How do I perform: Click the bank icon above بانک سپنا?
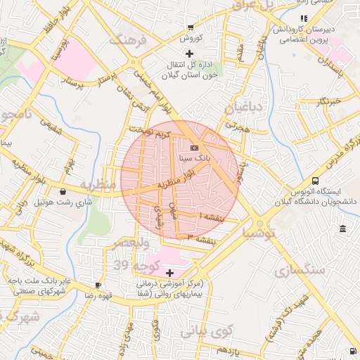(x=194, y=148)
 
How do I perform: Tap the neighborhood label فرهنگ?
(x=127, y=40)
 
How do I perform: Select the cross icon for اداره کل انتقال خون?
(x=188, y=54)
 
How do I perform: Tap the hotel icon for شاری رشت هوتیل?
(x=64, y=191)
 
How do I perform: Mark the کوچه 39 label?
(x=132, y=265)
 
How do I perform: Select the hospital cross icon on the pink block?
(x=169, y=272)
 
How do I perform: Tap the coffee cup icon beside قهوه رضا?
(x=98, y=285)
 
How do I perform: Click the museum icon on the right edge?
(x=342, y=230)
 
